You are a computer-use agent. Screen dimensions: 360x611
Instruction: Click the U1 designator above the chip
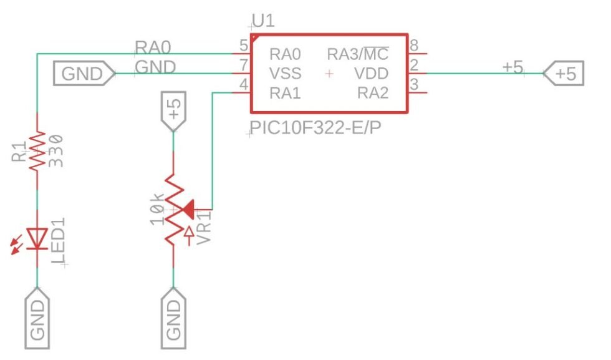pyautogui.click(x=264, y=21)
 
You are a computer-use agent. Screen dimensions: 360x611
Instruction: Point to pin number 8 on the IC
pyautogui.click(x=413, y=45)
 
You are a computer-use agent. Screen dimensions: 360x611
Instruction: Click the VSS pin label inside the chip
pyautogui.click(x=285, y=74)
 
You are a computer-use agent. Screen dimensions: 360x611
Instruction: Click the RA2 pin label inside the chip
pyautogui.click(x=373, y=94)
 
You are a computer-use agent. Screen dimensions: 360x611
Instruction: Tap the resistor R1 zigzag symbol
pyautogui.click(x=37, y=150)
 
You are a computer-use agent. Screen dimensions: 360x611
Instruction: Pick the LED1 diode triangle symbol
pyautogui.click(x=37, y=238)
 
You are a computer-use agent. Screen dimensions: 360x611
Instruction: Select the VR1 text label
pyautogui.click(x=204, y=227)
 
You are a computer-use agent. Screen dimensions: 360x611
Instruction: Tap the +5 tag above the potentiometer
pyautogui.click(x=174, y=111)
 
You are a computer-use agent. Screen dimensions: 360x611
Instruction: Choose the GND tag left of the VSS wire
pyautogui.click(x=83, y=74)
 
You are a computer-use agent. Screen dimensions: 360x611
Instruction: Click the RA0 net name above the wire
pyautogui.click(x=153, y=47)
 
